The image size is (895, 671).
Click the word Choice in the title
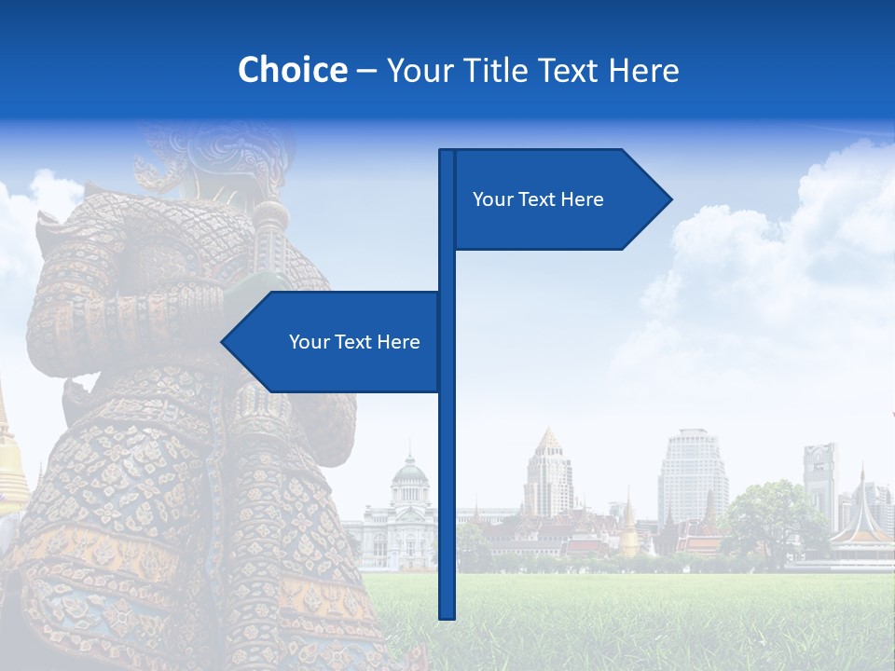(x=292, y=70)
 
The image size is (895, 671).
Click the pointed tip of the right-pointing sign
(x=669, y=199)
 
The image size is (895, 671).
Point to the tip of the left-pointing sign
(x=224, y=342)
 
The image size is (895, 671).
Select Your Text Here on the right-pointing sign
(x=538, y=199)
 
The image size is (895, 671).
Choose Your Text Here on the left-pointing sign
(x=354, y=342)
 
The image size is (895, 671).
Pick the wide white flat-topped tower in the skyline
(x=693, y=475)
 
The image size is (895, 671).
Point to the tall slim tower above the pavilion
(x=820, y=480)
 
